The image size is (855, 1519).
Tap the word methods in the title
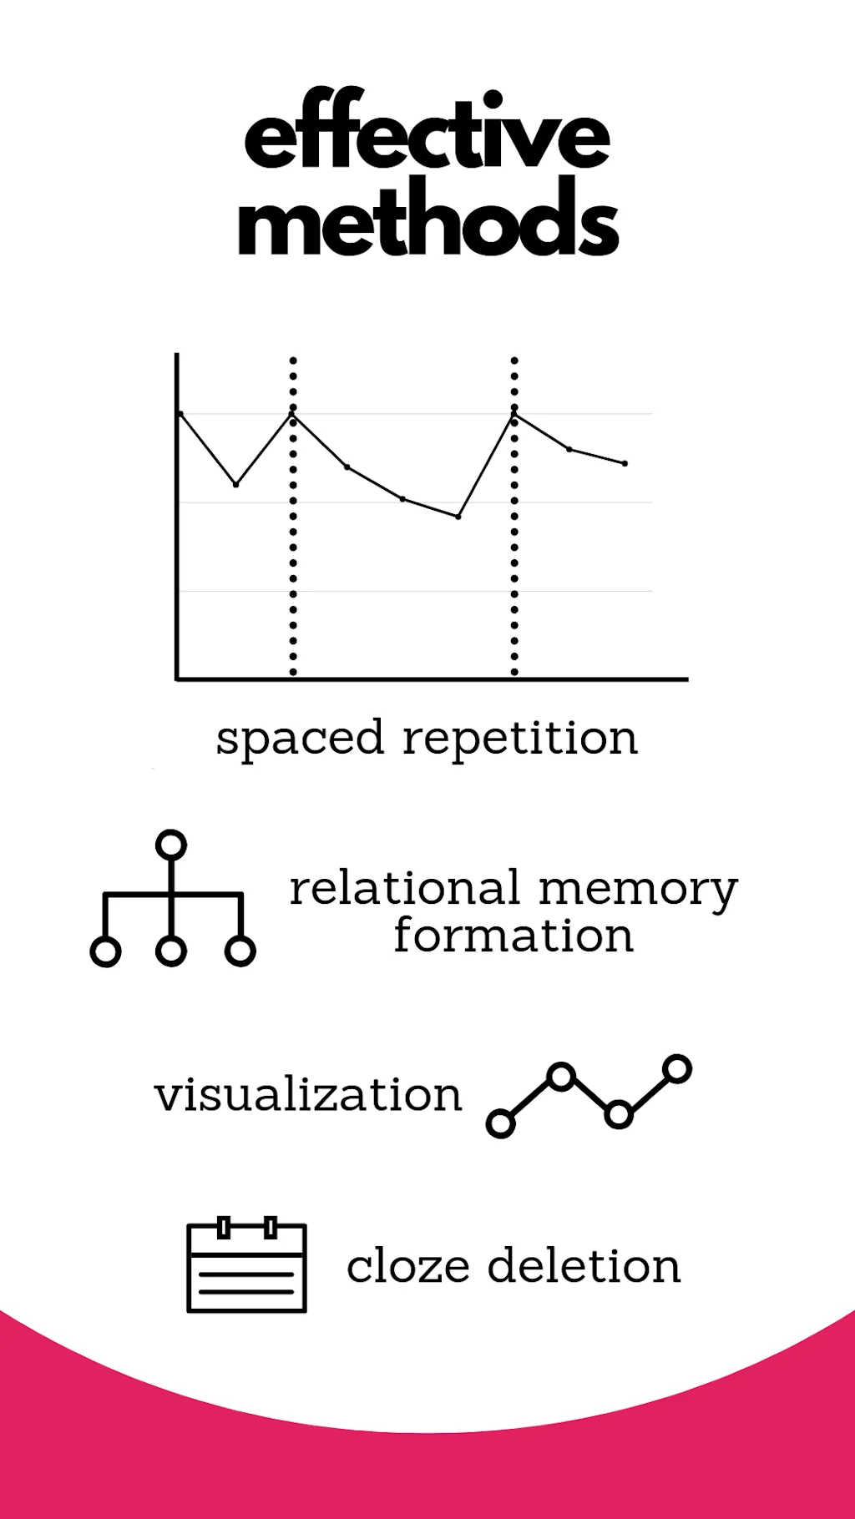[x=427, y=219]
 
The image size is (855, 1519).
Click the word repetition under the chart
[x=520, y=738]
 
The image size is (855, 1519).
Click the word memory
[x=638, y=890]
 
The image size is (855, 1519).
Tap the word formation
[x=514, y=936]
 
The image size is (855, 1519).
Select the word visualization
[x=308, y=1094]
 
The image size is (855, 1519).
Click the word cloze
[x=408, y=1267]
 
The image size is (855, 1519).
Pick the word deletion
[x=584, y=1266]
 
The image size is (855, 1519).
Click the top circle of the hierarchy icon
[x=170, y=845]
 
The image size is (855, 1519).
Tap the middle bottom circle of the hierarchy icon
[x=170, y=951]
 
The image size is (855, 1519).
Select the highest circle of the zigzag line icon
[x=677, y=1068]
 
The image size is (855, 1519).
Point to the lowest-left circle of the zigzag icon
[x=500, y=1123]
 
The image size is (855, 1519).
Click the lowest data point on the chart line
[x=458, y=517]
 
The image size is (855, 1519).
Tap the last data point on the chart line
[x=625, y=463]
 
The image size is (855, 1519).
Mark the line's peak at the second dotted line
[x=514, y=414]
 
